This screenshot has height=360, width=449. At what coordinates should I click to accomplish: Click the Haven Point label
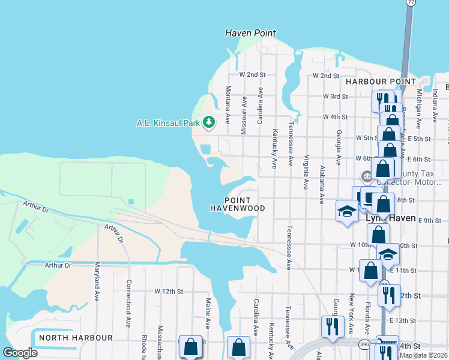(250, 33)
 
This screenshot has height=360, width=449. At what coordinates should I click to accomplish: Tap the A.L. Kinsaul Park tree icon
(209, 123)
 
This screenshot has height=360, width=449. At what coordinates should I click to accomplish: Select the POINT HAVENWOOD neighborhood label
(237, 204)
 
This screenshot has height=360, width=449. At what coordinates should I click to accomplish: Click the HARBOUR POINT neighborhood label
(381, 81)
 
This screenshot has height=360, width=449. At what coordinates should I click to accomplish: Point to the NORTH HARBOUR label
(76, 338)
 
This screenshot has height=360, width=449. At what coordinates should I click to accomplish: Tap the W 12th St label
(168, 291)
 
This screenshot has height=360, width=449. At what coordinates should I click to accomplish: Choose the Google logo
(20, 353)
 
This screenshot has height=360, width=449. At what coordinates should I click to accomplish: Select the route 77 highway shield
(410, 3)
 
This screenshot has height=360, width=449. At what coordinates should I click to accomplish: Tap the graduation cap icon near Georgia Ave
(346, 211)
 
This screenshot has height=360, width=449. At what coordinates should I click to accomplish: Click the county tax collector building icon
(366, 176)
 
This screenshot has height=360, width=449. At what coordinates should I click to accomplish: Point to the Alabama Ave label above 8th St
(322, 183)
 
